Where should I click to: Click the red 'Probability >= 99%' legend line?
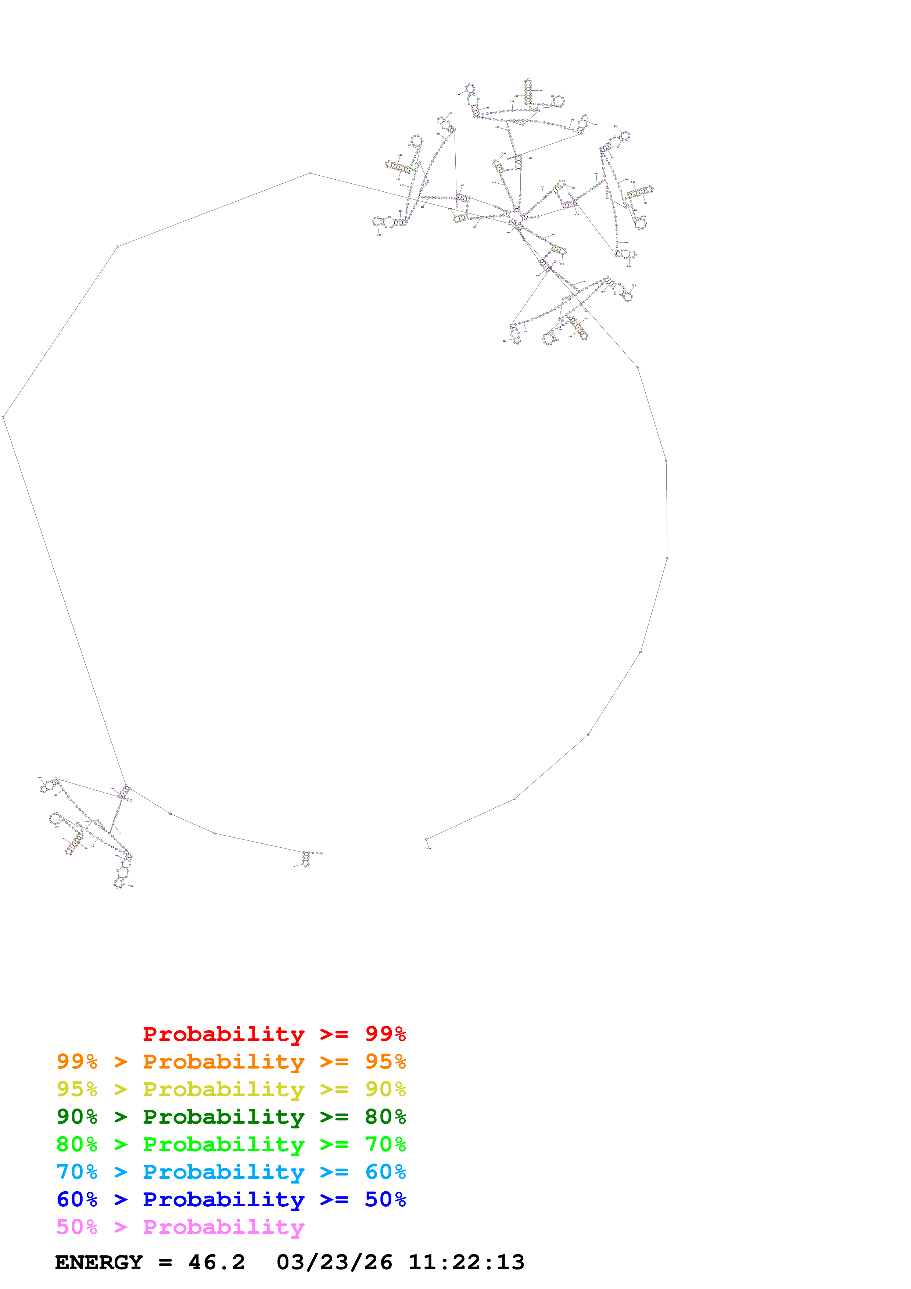pyautogui.click(x=274, y=1034)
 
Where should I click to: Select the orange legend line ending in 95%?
pyautogui.click(x=231, y=1061)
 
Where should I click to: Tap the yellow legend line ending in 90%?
pyautogui.click(x=231, y=1089)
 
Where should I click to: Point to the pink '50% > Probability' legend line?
pyautogui.click(x=180, y=1226)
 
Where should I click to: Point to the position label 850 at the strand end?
pyautogui.click(x=429, y=848)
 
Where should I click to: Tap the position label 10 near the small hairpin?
pyautogui.click(x=294, y=866)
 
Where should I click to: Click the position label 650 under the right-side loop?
pyautogui.click(x=629, y=266)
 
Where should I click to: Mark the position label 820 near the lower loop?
pyautogui.click(x=505, y=341)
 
